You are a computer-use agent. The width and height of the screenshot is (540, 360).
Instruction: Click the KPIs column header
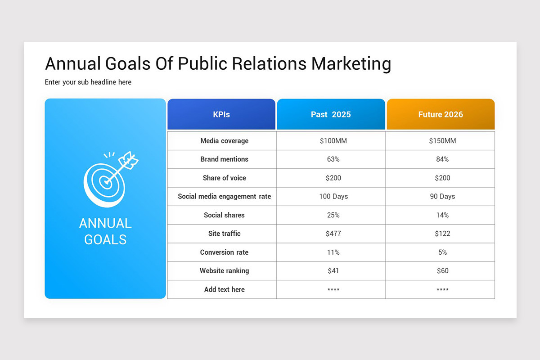(221, 114)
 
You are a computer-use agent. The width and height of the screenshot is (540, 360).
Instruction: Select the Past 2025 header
(331, 114)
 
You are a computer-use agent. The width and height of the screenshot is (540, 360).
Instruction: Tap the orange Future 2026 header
(441, 114)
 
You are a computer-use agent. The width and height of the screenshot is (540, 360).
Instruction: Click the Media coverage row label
(224, 141)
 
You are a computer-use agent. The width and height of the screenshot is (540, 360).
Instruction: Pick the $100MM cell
(333, 141)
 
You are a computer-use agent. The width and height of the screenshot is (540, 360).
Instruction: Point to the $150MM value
(442, 141)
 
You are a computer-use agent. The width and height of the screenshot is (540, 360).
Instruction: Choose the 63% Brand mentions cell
(333, 159)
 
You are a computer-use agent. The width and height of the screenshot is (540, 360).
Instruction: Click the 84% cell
(442, 159)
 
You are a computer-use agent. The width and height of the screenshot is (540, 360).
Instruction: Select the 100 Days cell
(333, 197)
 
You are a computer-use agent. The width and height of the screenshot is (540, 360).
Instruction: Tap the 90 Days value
(442, 197)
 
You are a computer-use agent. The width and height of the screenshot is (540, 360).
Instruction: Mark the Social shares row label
(224, 215)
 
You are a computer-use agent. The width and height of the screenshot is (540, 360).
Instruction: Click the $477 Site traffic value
(333, 234)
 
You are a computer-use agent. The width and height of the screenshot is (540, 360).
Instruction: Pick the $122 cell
(442, 234)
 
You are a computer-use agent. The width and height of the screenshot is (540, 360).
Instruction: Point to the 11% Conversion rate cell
(333, 252)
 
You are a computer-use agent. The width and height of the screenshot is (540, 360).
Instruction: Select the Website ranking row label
(224, 271)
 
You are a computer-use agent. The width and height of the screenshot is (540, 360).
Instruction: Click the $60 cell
(442, 271)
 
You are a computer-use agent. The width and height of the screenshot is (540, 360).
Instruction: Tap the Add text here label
(224, 289)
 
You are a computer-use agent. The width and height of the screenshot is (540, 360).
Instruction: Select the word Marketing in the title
(351, 64)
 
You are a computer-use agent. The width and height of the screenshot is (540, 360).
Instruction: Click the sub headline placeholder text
(88, 82)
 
